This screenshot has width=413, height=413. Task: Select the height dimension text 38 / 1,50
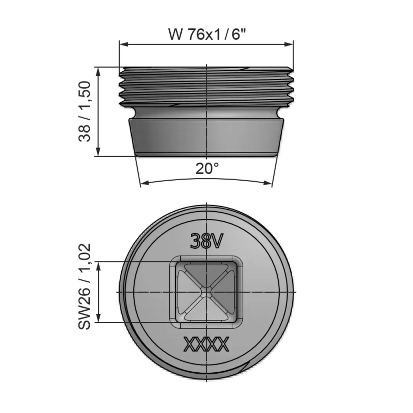click(x=85, y=111)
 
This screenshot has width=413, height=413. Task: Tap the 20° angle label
click(x=207, y=168)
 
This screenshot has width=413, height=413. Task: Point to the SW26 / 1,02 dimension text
click(x=85, y=287)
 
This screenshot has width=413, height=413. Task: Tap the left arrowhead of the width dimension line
click(x=123, y=44)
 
